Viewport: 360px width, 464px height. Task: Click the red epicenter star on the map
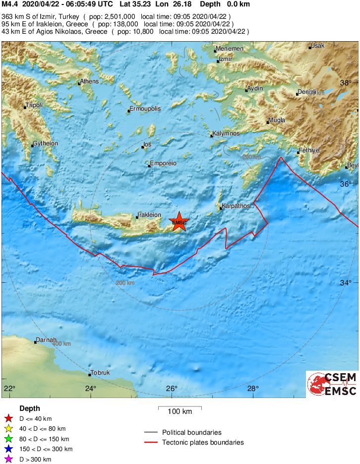coord(179,222)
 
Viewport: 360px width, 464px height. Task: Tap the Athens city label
coord(89,81)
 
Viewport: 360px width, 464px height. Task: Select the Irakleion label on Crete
coord(149,215)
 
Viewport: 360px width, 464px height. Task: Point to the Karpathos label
coord(236,205)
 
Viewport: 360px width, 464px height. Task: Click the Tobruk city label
coord(101,373)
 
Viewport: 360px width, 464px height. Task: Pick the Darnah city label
coord(46,340)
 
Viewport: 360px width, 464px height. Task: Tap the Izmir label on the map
coord(226,60)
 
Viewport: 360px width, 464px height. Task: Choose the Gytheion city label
coord(45,143)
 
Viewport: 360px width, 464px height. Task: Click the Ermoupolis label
coord(145,108)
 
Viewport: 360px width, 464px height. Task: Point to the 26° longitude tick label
coord(172,388)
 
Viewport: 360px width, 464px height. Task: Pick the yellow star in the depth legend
coord(8,429)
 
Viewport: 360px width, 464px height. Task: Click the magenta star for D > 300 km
coord(8,460)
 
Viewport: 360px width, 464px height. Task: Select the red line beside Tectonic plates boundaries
coord(151,442)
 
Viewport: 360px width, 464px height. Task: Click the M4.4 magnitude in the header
coord(9,4)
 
